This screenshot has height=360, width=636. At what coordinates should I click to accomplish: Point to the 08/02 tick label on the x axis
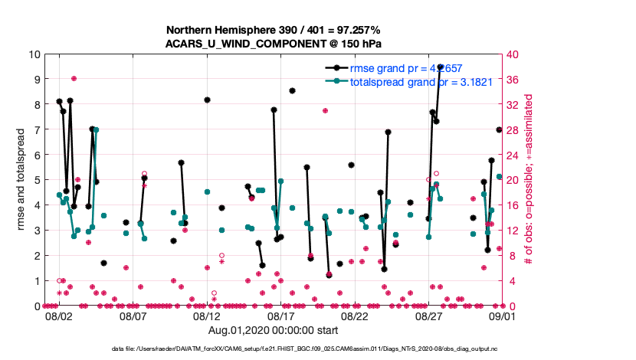click(x=59, y=316)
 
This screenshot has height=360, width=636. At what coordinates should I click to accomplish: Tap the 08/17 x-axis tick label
click(x=280, y=316)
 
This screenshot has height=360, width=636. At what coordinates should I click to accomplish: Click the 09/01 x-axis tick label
click(x=502, y=316)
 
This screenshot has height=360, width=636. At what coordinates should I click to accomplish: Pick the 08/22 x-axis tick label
click(x=355, y=316)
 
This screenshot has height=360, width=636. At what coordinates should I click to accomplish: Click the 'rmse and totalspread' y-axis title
click(x=22, y=180)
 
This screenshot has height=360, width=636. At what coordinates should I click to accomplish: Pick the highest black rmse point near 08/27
click(x=440, y=67)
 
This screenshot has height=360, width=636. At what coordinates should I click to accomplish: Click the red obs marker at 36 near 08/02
click(x=74, y=78)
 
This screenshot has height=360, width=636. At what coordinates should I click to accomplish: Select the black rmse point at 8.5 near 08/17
click(x=292, y=90)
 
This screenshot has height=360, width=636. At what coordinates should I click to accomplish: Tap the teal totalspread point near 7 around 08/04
click(x=96, y=130)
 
